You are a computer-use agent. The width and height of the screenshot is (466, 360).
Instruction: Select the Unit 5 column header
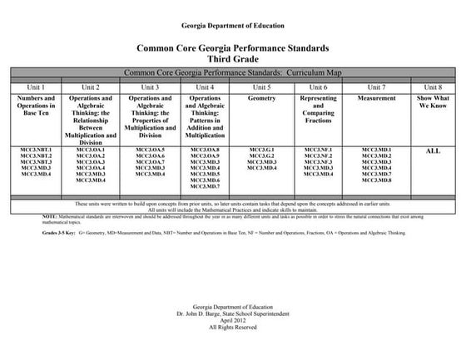[x=260, y=86]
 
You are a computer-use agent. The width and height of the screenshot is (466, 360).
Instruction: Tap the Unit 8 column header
[x=433, y=86]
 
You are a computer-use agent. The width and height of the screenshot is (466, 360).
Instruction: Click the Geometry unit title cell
[x=260, y=98]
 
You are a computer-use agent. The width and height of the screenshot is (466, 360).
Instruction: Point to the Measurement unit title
[x=376, y=98]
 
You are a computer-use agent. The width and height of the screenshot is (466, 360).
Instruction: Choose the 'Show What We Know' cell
[x=433, y=102]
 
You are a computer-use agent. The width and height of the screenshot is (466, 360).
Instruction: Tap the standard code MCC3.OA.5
[x=150, y=150]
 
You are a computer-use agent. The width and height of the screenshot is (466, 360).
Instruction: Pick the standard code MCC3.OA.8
[x=205, y=150]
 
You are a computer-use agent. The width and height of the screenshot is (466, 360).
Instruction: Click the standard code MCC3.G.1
[x=260, y=150]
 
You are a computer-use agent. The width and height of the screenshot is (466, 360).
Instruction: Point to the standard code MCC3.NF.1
[x=318, y=150]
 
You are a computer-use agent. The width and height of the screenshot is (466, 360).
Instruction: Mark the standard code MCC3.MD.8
[x=376, y=180]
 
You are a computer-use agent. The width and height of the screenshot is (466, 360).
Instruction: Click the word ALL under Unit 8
[x=433, y=151]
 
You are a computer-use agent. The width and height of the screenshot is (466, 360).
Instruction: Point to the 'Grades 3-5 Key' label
[x=59, y=234]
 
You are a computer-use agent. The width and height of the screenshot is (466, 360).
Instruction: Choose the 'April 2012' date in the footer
[x=232, y=320]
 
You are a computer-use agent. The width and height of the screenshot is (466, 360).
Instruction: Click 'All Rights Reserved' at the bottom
[x=232, y=328]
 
